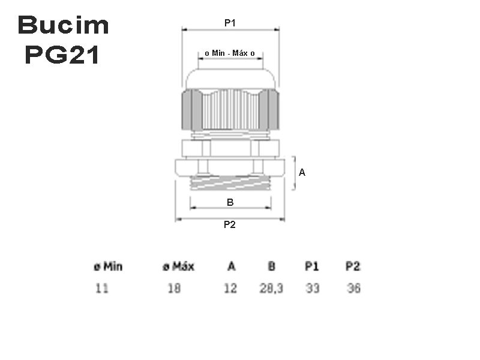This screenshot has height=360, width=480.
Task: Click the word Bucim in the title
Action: click(x=63, y=26)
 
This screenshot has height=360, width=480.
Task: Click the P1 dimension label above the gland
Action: click(x=230, y=23)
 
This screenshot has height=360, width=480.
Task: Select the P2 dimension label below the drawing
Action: click(x=229, y=225)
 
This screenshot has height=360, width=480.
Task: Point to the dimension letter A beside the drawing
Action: click(x=302, y=172)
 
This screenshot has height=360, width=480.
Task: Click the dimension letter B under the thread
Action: click(x=230, y=203)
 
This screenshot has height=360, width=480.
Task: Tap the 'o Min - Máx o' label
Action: click(x=230, y=53)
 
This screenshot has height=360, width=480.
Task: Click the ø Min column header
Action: click(x=108, y=266)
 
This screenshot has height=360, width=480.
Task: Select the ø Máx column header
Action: click(x=178, y=266)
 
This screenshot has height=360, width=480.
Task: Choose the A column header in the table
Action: click(x=231, y=266)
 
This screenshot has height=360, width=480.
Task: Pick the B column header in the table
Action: click(x=271, y=266)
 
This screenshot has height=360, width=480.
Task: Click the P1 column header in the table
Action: click(x=312, y=266)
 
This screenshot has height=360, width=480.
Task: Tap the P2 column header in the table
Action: click(x=353, y=266)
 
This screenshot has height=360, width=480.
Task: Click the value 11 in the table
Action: click(x=102, y=289)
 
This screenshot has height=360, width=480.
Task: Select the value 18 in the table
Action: click(x=174, y=289)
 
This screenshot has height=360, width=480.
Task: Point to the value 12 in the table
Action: click(x=230, y=289)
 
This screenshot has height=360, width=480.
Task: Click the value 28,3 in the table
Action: click(x=271, y=289)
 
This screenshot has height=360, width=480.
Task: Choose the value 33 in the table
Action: click(x=312, y=289)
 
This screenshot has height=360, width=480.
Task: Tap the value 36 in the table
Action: click(x=354, y=289)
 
